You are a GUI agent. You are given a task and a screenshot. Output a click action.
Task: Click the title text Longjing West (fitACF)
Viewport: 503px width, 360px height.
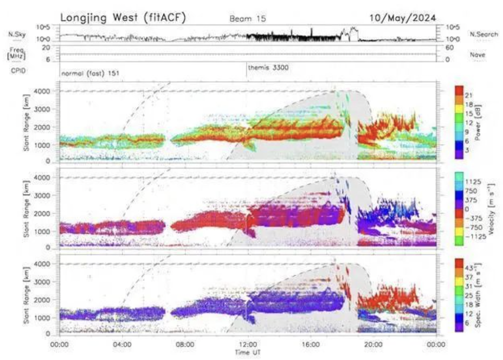point(123,17)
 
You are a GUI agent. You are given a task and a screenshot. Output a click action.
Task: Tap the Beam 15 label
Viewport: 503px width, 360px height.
point(248,19)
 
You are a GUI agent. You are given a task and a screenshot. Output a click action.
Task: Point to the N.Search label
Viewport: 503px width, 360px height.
point(483,34)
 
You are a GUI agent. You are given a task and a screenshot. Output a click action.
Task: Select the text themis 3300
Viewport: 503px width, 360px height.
point(268,67)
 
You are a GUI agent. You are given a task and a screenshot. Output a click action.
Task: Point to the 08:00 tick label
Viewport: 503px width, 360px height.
point(185,344)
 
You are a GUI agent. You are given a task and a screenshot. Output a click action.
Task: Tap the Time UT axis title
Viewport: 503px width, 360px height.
point(248,352)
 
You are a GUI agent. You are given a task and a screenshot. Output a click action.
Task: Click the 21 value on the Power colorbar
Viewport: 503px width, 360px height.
point(469,95)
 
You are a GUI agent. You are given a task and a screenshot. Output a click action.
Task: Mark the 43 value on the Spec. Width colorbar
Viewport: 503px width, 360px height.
point(470,268)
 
